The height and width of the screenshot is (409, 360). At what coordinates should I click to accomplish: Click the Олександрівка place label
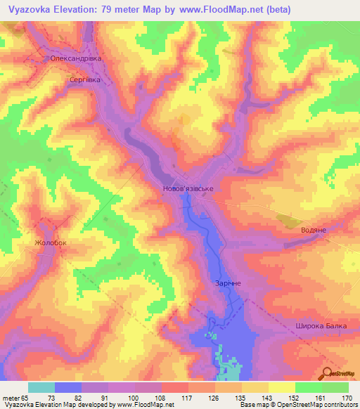[76, 59]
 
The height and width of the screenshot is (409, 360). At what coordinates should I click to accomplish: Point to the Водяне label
[310, 230]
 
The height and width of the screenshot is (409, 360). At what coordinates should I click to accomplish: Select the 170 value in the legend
[347, 397]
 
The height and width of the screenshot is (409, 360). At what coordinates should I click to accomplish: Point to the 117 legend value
[187, 397]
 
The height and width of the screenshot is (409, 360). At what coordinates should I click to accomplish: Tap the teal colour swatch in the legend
[41, 387]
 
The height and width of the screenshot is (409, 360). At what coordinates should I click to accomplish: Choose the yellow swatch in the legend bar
[281, 387]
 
